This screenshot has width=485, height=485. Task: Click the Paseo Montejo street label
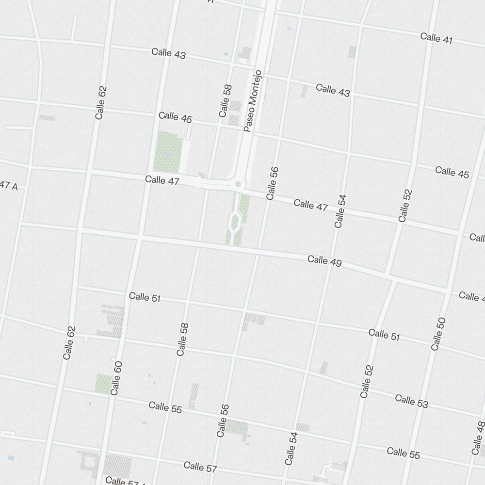click(253, 101)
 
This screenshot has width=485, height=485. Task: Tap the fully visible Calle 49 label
click(324, 261)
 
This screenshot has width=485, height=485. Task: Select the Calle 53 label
click(411, 401)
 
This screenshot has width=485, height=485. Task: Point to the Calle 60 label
click(116, 378)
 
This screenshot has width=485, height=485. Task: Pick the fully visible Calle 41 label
click(436, 38)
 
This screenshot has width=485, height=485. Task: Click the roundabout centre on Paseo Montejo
click(238, 184)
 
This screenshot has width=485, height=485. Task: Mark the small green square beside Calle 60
click(103, 383)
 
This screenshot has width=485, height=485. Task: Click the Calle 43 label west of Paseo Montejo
click(168, 53)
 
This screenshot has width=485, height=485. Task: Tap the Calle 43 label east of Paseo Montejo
click(333, 90)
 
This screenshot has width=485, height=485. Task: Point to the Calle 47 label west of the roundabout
click(162, 180)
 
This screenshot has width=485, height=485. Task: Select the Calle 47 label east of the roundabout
click(310, 205)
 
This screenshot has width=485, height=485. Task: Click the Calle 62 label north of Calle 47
click(101, 103)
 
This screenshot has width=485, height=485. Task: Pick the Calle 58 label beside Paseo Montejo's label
click(225, 101)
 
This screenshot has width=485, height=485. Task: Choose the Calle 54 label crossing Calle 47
click(340, 211)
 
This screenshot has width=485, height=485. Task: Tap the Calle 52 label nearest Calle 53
click(368, 381)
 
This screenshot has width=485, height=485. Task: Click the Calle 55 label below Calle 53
click(404, 453)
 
